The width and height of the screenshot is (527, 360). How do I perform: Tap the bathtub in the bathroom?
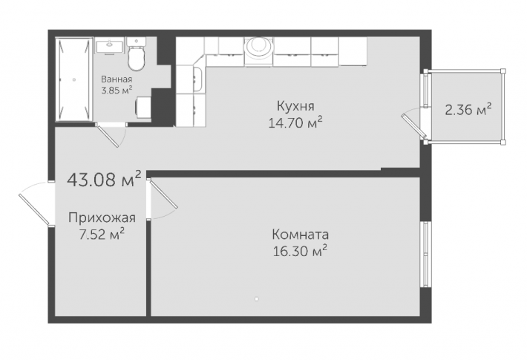click(x=74, y=79)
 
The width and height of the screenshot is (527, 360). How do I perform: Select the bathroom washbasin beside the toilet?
click(x=109, y=46)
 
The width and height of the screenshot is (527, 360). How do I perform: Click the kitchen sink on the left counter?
click(x=197, y=79)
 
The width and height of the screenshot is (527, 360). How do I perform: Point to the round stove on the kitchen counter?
click(x=259, y=48)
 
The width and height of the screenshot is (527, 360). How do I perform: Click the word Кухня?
click(x=295, y=106)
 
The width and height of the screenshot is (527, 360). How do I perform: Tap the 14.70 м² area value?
click(x=295, y=122)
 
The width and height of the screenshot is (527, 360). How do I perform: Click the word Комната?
click(x=300, y=235)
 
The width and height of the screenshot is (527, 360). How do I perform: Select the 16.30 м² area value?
click(x=300, y=251)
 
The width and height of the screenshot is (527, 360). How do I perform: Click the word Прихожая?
click(x=102, y=217)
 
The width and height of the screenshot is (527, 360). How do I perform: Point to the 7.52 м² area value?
click(x=102, y=234)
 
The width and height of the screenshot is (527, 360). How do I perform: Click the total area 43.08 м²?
click(x=104, y=179)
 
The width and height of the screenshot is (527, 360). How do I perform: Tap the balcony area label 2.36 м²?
click(x=468, y=109)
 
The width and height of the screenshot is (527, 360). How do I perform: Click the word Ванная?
click(x=117, y=79)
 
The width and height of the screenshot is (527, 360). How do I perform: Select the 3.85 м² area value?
click(x=117, y=90)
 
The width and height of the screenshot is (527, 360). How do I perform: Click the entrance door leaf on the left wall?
click(x=35, y=209)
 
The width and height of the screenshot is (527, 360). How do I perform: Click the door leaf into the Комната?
click(x=163, y=194)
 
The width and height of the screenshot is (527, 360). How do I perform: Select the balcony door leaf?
click(x=413, y=126)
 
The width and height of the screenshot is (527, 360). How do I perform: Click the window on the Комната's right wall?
click(x=425, y=254)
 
